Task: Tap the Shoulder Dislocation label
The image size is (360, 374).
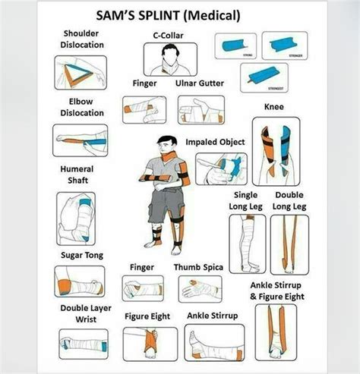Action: coord(82,39)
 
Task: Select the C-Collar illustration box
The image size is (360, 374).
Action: coord(169,59)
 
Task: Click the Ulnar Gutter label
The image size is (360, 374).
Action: coord(201,83)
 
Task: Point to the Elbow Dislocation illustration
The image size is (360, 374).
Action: coord(81,140)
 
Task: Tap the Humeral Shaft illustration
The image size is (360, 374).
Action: coord(76,218)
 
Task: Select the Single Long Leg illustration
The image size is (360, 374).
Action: coord(247,244)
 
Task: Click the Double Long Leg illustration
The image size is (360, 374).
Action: coord(289,244)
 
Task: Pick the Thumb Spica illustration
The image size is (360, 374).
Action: coord(201,289)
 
